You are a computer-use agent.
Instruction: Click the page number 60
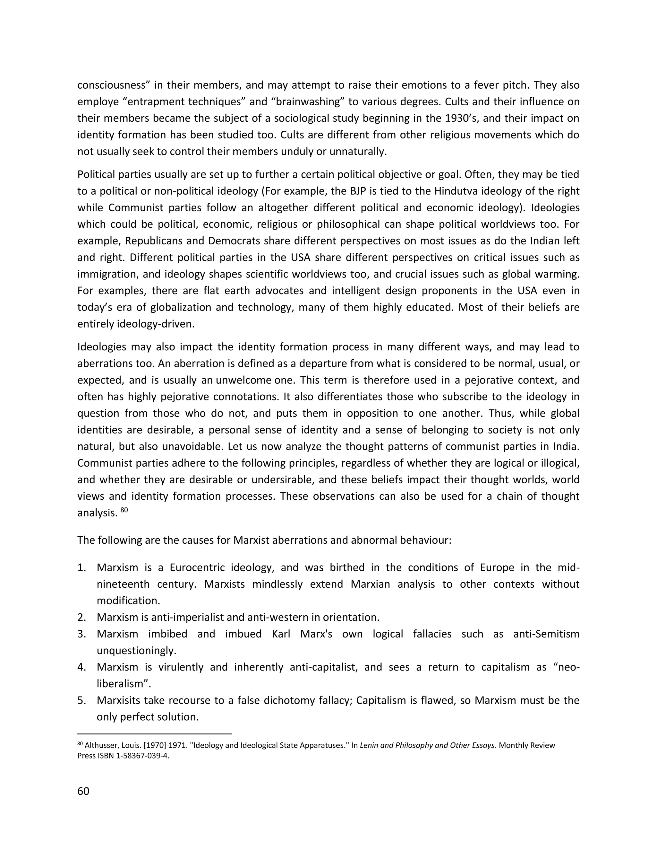(83, 791)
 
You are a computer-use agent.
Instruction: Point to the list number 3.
(81, 634)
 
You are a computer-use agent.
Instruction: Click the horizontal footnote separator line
(155, 734)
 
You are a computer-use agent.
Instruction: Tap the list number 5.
(81, 700)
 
